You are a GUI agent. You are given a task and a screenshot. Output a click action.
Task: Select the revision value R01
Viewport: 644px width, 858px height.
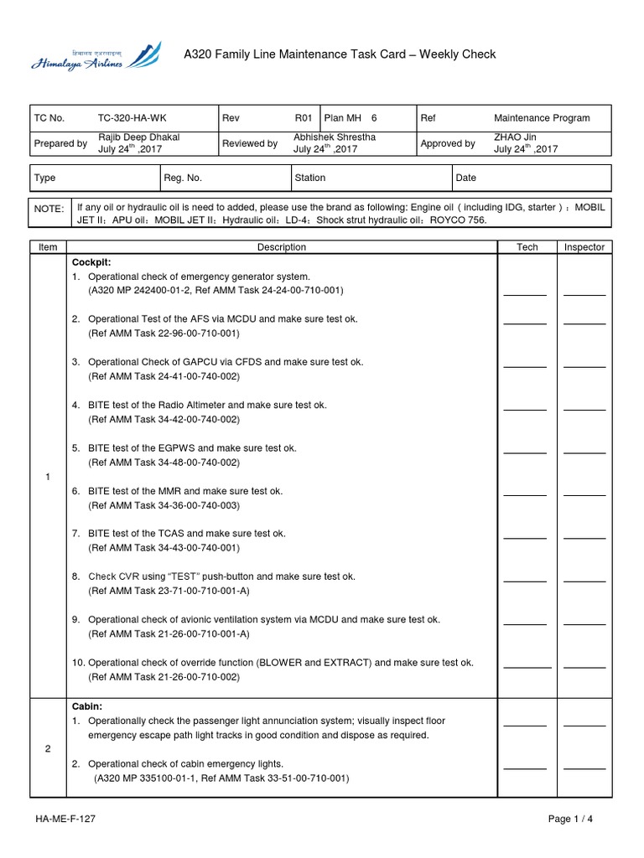tap(303, 118)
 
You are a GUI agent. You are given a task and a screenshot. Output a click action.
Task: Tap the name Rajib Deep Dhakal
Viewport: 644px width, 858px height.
tap(139, 137)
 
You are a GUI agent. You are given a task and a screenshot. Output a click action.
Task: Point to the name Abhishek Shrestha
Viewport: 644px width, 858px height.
tap(335, 137)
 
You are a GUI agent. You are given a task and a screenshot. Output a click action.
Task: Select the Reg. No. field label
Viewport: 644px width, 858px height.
tap(183, 178)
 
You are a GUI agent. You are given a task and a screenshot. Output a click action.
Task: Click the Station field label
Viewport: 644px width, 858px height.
tap(310, 178)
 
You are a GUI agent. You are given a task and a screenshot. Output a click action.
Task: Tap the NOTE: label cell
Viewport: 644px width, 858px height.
tap(49, 209)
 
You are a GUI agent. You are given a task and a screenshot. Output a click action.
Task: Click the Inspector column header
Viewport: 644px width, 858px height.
tap(584, 247)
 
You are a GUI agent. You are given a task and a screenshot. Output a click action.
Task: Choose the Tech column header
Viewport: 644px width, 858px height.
tap(527, 247)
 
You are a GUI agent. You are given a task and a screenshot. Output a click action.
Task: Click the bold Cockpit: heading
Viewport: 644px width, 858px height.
tap(91, 261)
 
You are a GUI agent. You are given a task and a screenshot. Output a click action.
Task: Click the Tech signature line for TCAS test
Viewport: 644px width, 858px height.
tap(525, 537)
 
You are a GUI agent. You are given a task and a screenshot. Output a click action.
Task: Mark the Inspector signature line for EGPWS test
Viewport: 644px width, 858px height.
tap(584, 452)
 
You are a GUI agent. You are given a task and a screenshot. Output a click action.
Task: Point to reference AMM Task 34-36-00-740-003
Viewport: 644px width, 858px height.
tap(164, 505)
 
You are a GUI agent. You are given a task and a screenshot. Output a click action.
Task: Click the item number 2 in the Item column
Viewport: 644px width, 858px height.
tap(48, 749)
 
